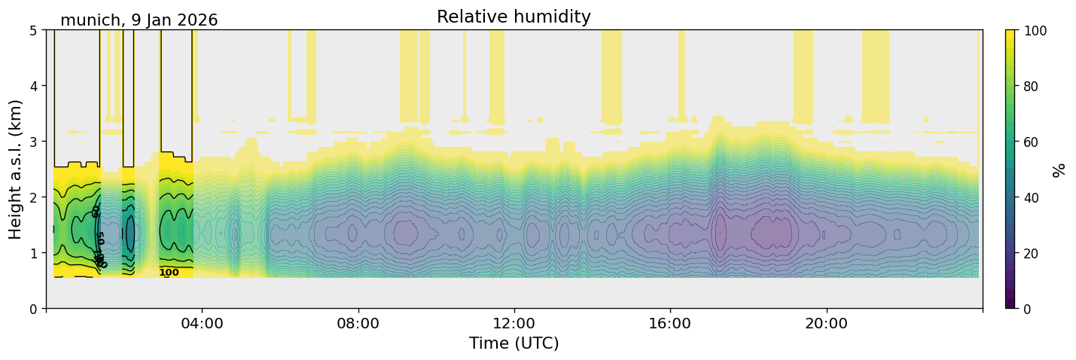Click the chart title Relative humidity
click(514, 17)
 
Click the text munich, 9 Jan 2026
click(139, 20)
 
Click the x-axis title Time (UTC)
click(514, 343)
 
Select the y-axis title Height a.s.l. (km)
click(16, 169)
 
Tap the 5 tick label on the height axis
click(33, 30)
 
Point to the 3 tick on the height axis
click(33, 142)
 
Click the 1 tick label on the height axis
click(33, 253)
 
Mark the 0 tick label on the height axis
click(33, 309)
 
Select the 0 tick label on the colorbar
click(1030, 309)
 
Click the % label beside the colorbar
click(1059, 170)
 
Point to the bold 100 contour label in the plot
click(169, 273)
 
